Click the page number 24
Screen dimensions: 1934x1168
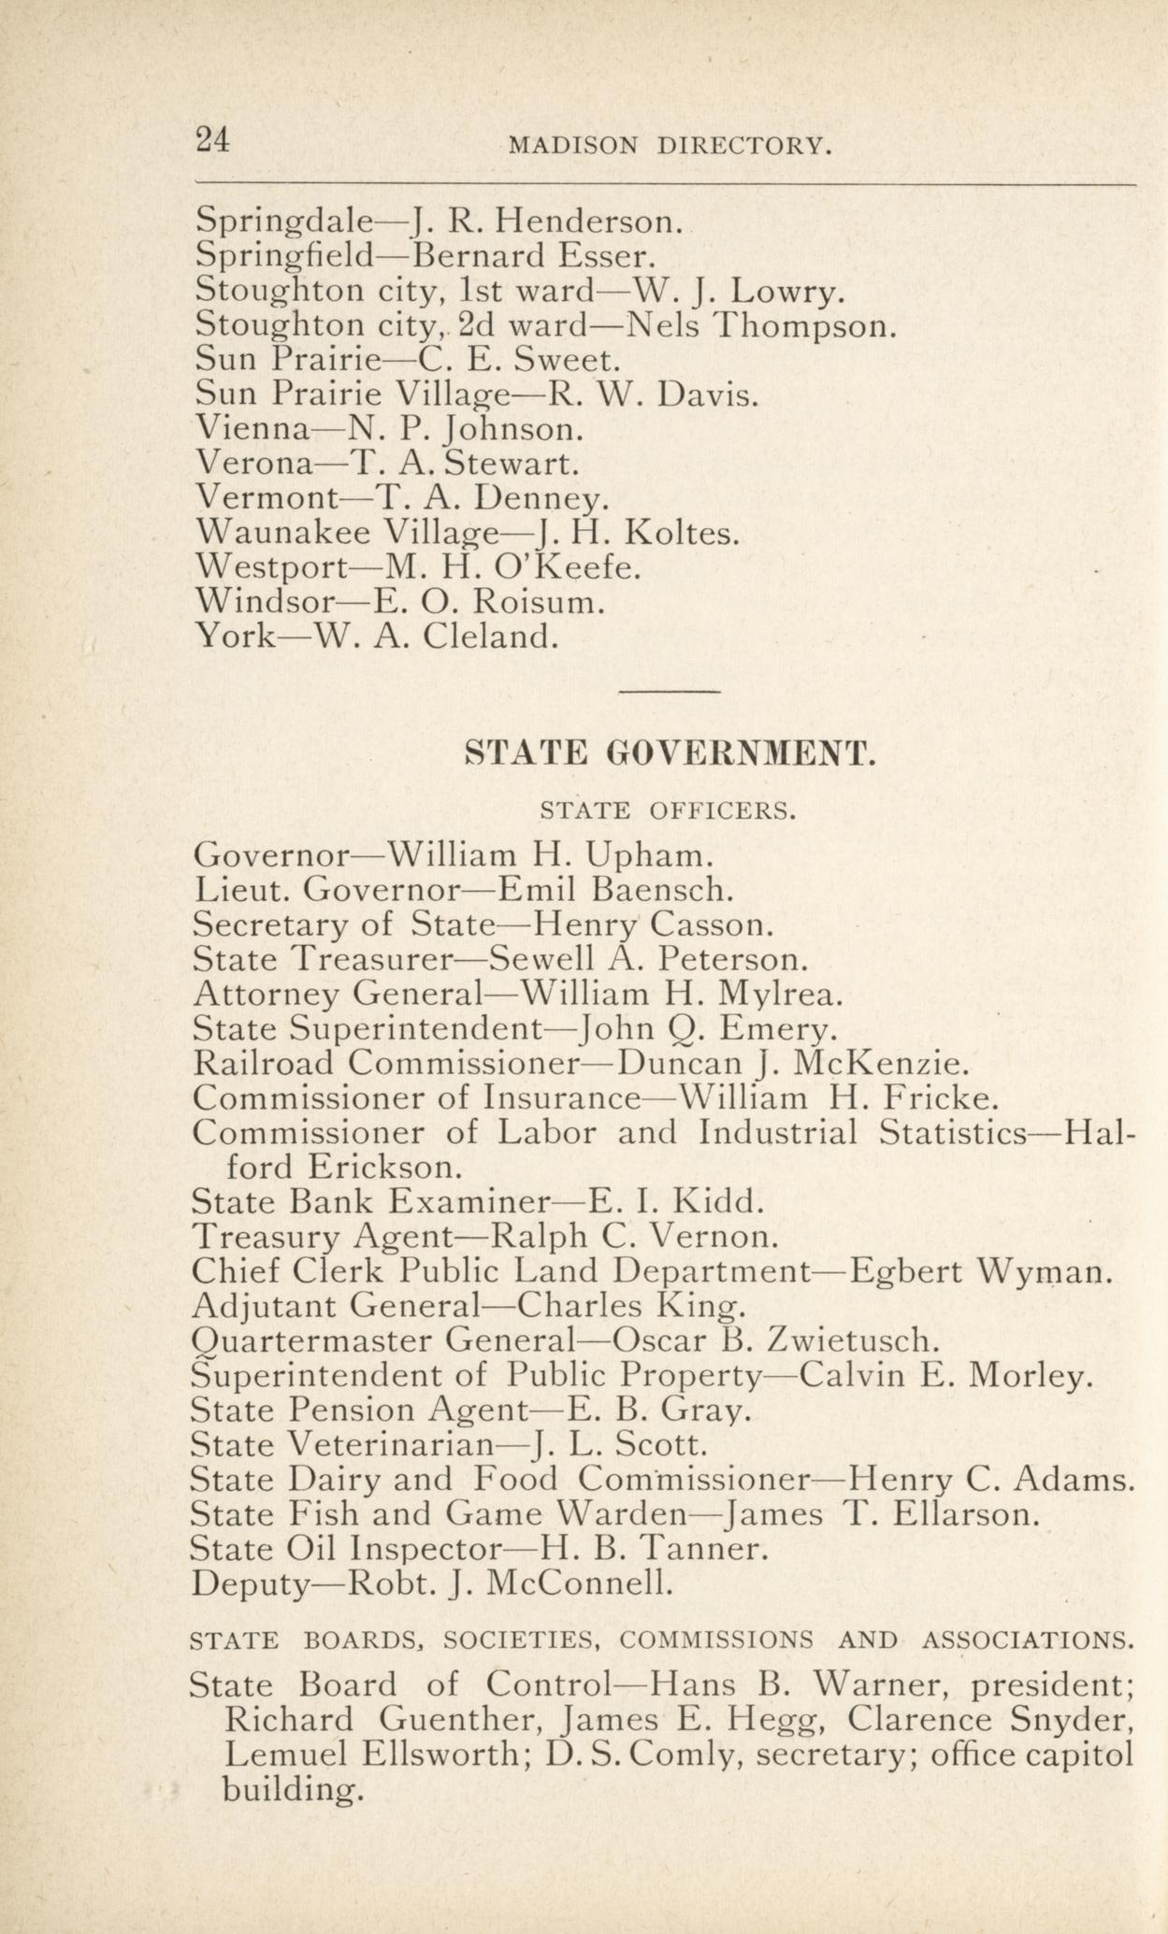(212, 139)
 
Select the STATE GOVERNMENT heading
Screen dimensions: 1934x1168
(671, 753)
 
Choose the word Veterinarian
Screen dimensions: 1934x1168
(390, 1445)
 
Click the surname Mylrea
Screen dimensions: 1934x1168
(768, 994)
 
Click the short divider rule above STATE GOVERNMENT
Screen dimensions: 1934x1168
(670, 692)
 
